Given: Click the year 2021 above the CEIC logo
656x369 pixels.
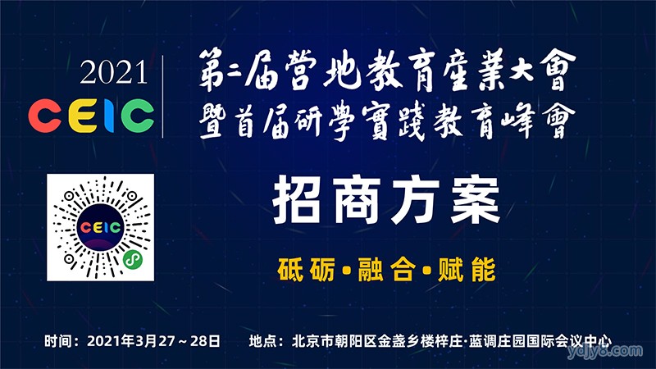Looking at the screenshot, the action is coord(113,72).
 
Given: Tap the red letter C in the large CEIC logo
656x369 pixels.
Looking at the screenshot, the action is coord(45,116).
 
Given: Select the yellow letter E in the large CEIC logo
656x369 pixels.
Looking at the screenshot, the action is coord(83,116).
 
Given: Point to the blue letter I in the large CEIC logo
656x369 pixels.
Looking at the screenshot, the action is coord(108,116).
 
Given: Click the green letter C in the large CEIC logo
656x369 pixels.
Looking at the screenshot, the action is coord(137,116).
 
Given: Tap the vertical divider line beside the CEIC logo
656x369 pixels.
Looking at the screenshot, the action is coord(162,96).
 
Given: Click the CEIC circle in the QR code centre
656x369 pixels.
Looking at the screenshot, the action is coord(100,227).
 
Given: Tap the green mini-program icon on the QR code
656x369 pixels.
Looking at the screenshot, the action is coord(133,260).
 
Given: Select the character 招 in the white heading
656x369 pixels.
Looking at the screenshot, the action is coord(298,201).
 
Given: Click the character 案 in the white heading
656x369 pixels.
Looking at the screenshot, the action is coord(476,201).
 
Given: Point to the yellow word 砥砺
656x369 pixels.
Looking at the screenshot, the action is coord(306,270).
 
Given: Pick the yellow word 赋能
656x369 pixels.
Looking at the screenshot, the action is coord(467,270).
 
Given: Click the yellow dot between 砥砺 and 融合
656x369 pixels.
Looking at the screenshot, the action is coord(346,271).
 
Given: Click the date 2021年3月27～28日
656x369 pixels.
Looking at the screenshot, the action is coord(153,341).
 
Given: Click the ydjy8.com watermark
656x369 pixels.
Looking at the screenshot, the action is coord(605,352).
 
